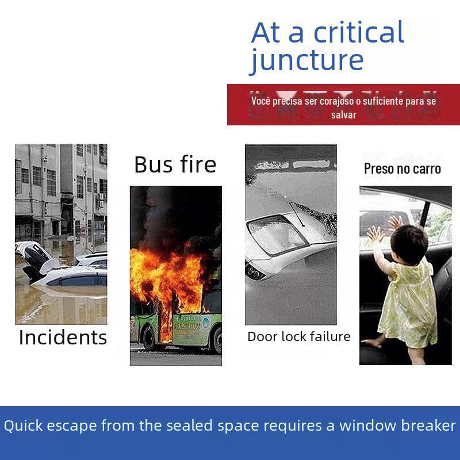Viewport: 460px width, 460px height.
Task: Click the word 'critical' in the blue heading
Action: [x=359, y=32]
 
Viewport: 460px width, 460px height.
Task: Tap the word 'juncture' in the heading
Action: [x=306, y=61]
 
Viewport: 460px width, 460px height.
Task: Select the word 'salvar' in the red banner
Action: [x=343, y=114]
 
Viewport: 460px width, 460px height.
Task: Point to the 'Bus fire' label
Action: [x=175, y=164]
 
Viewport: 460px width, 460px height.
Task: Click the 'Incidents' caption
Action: [x=63, y=338]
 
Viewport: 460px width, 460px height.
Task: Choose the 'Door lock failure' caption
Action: [x=299, y=336]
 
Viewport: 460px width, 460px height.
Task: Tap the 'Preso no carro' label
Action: [x=402, y=168]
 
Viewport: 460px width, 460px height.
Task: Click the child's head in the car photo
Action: [x=409, y=243]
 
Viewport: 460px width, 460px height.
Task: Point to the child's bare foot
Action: [x=370, y=343]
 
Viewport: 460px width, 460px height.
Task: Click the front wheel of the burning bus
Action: [x=149, y=338]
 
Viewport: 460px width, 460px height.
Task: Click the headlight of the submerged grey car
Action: [x=255, y=272]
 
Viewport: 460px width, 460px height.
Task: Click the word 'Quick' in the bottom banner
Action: [x=23, y=425]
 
